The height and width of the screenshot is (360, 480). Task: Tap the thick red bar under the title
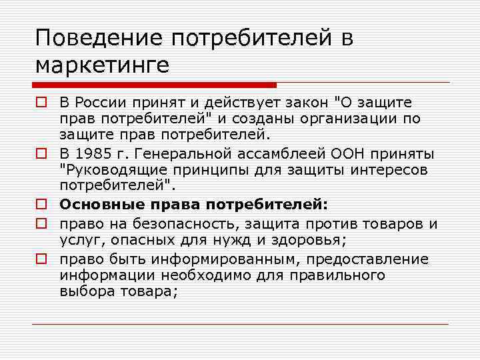pyautogui.click(x=154, y=85)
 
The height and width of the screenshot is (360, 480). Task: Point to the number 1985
pyautogui.click(x=92, y=153)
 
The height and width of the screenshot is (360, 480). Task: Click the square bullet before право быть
pyautogui.click(x=41, y=259)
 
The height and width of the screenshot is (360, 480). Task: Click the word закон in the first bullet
pyautogui.click(x=301, y=103)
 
